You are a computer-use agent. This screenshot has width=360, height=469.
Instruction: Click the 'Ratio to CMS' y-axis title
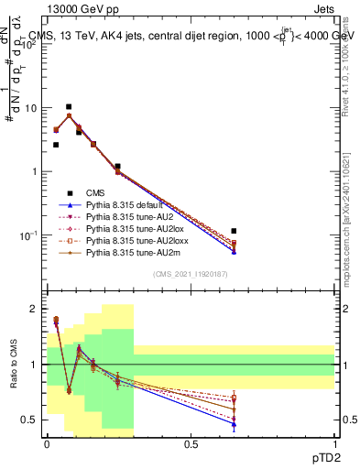coord(13,366)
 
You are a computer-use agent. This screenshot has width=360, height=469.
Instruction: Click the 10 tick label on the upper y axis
coord(31,108)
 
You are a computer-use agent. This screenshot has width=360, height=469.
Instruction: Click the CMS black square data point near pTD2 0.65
coord(235,231)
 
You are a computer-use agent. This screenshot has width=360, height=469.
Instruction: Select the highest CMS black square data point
coord(68,106)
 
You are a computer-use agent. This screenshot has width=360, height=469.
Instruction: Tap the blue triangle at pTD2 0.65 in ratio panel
coord(235,424)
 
